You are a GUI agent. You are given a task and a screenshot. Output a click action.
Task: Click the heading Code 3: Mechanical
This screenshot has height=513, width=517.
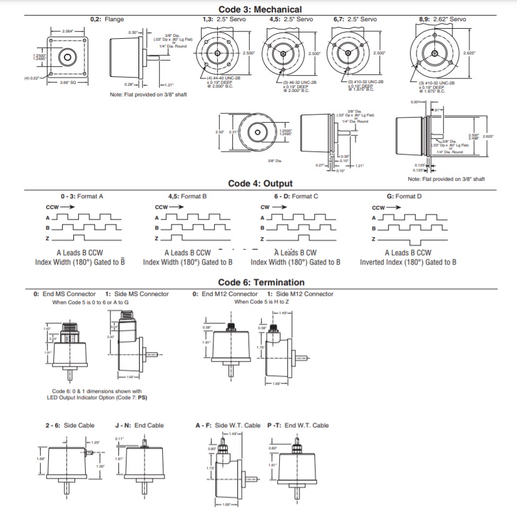point(260,9)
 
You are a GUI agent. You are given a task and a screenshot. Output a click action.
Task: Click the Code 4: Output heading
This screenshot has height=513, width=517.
point(260,183)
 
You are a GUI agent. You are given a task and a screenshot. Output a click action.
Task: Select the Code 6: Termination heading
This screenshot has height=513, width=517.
point(261,282)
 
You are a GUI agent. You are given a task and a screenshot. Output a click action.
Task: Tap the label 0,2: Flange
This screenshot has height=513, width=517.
point(107,19)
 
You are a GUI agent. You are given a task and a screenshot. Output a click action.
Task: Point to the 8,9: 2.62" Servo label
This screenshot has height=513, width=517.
point(443,19)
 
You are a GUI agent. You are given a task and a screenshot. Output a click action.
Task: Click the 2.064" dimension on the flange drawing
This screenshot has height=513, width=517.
point(68,31)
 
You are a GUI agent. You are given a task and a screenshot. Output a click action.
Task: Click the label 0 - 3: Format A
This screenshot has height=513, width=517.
point(82,196)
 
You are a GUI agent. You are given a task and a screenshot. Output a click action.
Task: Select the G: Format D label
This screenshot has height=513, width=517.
point(404,196)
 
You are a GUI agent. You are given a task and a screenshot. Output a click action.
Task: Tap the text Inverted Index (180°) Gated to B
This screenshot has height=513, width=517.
point(407,262)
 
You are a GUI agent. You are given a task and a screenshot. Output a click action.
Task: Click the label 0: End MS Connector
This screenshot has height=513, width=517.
point(64,294)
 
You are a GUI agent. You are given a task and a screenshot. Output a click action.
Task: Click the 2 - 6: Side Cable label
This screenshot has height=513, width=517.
point(69,425)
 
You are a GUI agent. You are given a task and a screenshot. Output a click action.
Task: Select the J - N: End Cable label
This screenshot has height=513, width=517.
point(140,425)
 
